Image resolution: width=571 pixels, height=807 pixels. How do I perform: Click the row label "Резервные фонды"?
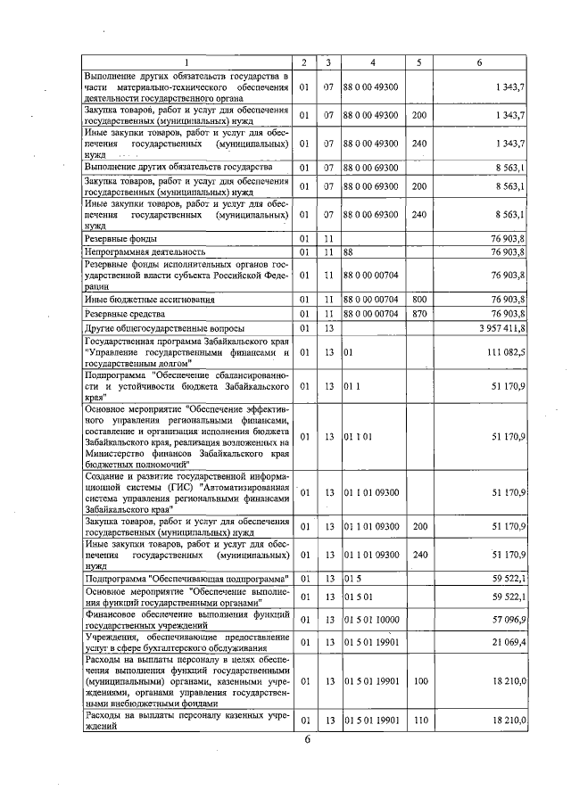tap(121, 239)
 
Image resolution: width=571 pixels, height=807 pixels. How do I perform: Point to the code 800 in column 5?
tap(418, 299)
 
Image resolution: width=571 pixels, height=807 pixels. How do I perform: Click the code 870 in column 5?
tap(418, 314)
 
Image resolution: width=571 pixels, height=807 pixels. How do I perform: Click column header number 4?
tap(372, 62)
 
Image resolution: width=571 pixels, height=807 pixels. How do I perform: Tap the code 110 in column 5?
tap(418, 720)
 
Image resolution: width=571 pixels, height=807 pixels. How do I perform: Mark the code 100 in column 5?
tap(418, 680)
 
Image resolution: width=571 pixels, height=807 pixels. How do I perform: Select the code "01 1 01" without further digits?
tap(361, 437)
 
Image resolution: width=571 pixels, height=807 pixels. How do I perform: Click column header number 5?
tap(418, 62)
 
